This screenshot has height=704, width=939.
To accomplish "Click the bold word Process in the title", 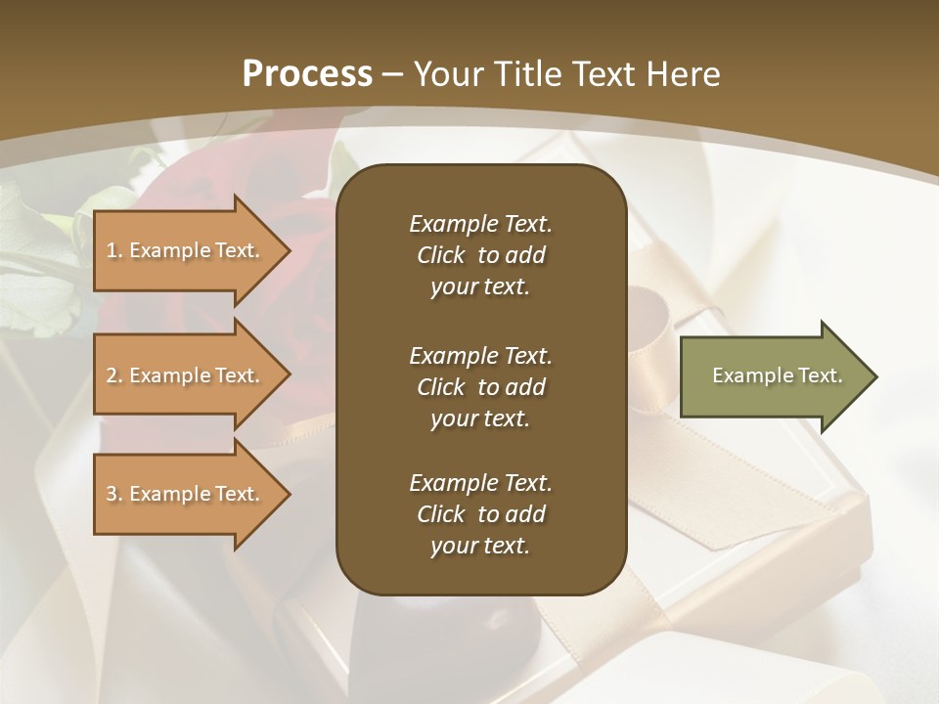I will (x=307, y=74).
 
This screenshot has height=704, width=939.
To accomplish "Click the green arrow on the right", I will (x=773, y=376).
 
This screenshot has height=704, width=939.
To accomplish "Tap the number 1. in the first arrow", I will (x=114, y=250).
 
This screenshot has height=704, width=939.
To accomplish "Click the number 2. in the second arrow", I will (x=114, y=375).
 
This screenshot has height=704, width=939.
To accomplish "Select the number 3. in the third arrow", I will (x=114, y=494).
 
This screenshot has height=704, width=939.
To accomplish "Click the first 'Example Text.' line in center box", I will (x=480, y=224).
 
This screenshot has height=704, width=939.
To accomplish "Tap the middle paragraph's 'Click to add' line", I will (x=480, y=387).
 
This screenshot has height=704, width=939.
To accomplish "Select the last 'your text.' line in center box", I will (x=480, y=547).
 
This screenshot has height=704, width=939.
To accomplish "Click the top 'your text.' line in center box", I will (x=480, y=287).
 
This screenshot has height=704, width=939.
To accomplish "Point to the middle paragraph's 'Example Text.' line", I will (x=480, y=355).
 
